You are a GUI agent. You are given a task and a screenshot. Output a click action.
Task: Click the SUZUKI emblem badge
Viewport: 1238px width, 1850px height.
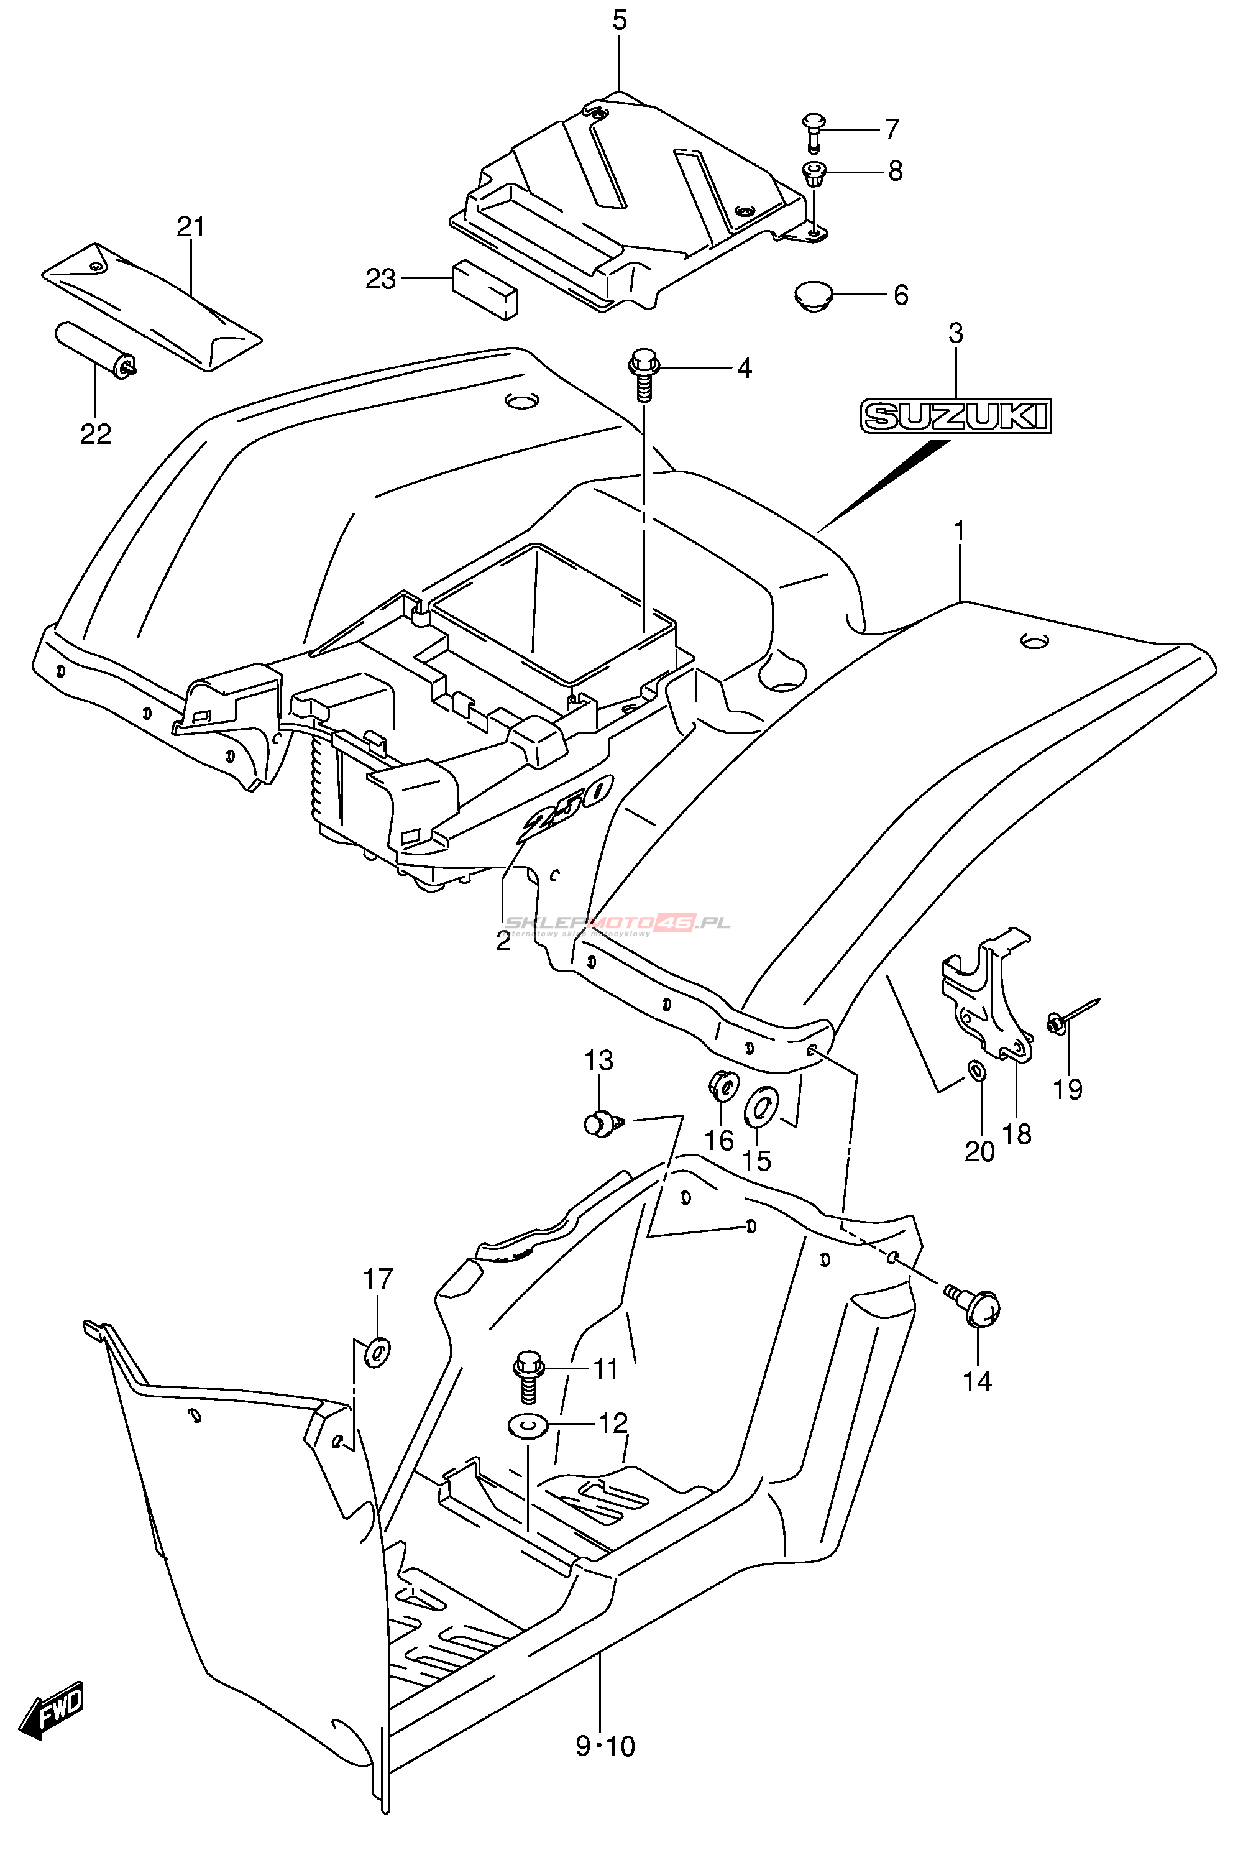pos(956,415)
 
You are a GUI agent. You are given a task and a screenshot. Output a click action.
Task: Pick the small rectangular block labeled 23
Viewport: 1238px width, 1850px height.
pos(484,290)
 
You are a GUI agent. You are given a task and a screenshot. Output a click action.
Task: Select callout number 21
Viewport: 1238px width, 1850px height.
pos(190,228)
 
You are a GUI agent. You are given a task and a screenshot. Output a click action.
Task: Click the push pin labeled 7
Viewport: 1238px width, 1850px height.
pos(814,131)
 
